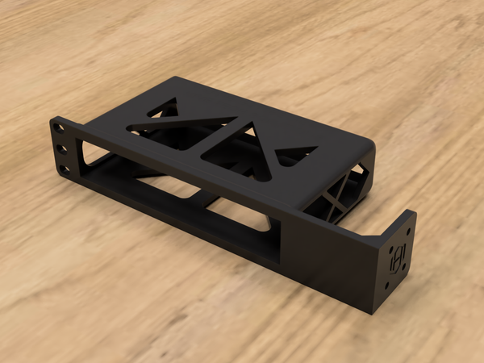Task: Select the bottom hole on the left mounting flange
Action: pyautogui.click(x=65, y=169)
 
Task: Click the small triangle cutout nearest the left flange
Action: pyautogui.click(x=165, y=107)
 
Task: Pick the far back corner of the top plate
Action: pyautogui.click(x=178, y=78)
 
